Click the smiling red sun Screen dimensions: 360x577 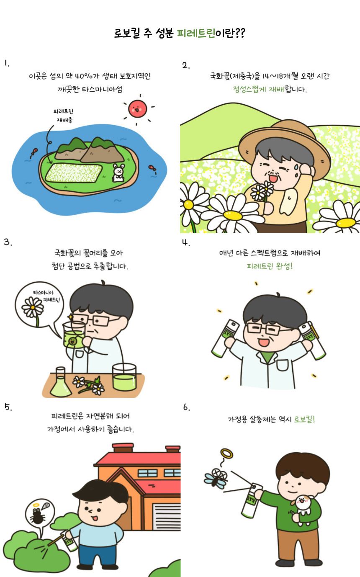(x=137, y=109)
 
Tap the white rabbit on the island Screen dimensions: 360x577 (x=118, y=173)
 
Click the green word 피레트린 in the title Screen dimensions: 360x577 (x=196, y=33)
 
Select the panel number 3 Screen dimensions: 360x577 (x=8, y=242)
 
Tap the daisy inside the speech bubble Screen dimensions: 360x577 (x=33, y=307)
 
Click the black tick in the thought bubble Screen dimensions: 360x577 (x=38, y=515)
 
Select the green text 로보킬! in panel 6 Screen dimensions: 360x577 (x=304, y=420)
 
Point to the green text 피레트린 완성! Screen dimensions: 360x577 (x=270, y=266)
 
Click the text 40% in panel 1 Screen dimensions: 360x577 (x=83, y=76)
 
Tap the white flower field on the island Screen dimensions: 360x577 (x=74, y=173)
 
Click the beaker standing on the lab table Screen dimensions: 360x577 (x=124, y=377)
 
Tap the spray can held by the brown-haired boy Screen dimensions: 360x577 (x=251, y=501)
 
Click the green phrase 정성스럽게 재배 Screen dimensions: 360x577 (x=259, y=89)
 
